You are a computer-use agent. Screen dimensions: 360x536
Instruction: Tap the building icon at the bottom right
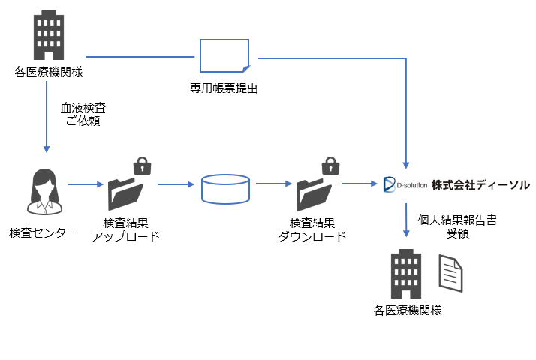407,274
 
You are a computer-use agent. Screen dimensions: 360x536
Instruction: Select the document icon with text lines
451,274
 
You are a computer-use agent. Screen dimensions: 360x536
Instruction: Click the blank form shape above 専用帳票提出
224,57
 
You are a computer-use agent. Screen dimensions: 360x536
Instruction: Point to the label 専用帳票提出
224,88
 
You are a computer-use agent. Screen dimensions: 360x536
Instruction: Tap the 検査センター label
44,233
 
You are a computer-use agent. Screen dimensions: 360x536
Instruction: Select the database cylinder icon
225,188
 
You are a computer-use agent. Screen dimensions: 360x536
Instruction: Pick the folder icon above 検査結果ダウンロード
312,193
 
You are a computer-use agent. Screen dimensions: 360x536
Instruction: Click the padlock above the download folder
329,165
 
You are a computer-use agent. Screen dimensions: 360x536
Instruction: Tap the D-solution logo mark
389,184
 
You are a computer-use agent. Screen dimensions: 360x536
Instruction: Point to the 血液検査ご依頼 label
83,114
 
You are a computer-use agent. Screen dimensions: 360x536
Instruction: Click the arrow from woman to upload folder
85,184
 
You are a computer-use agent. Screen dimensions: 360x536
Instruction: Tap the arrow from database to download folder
273,183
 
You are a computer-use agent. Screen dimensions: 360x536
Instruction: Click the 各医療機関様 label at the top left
48,72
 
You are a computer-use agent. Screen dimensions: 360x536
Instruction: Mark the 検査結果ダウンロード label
312,229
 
